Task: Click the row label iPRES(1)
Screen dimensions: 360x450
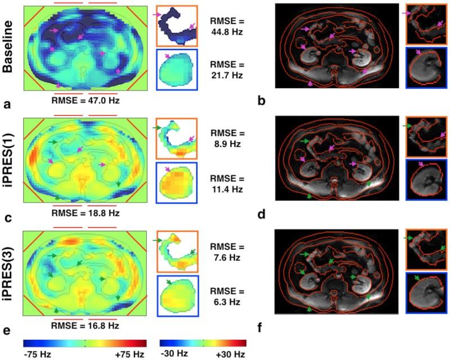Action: click(x=10, y=159)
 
